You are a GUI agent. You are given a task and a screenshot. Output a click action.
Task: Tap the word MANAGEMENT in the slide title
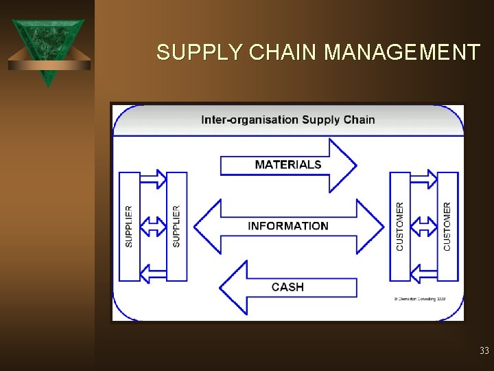(x=402, y=52)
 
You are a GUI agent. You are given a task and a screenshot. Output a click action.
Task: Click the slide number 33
(x=484, y=351)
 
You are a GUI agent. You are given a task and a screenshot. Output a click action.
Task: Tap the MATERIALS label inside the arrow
(x=287, y=165)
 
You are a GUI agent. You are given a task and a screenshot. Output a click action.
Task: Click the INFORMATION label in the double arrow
(x=287, y=226)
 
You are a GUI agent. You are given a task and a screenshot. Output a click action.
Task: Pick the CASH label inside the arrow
(x=287, y=287)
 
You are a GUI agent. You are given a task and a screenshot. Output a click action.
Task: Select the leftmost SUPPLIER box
(x=129, y=226)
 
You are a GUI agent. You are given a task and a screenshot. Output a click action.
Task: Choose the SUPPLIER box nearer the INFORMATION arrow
(x=176, y=226)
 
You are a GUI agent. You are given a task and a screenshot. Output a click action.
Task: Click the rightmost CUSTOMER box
(x=447, y=226)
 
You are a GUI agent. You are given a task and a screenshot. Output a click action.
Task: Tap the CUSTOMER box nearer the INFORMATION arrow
(x=400, y=226)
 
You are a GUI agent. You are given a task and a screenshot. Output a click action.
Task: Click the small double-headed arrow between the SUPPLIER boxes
(x=153, y=226)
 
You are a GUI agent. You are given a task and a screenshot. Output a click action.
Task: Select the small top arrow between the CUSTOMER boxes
(x=424, y=179)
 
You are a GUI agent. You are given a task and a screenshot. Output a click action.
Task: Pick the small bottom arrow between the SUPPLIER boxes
(x=153, y=273)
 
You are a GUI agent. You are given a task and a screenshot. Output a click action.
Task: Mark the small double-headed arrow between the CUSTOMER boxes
(x=424, y=226)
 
